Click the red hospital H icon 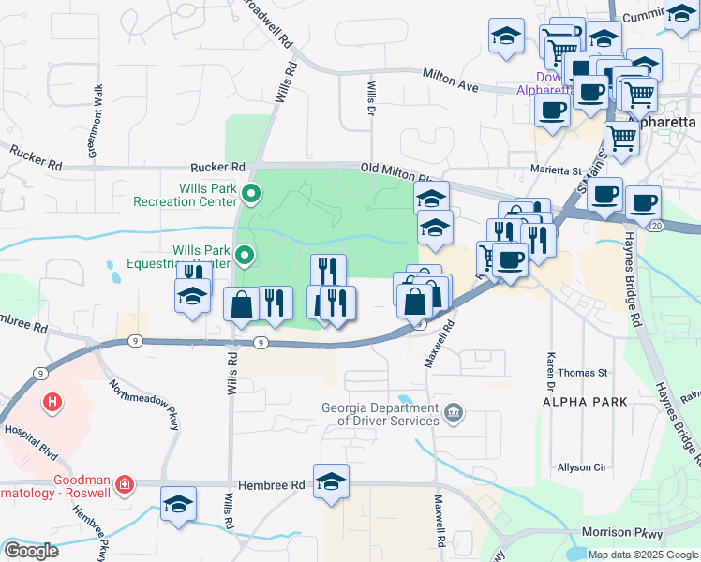coord(52,403)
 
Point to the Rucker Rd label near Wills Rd coord(217,167)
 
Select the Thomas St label coord(583,373)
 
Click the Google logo coord(31,551)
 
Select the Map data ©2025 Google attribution coord(642,555)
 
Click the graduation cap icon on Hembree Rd coord(331,481)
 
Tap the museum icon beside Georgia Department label coord(454,412)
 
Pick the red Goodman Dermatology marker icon coord(123,484)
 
